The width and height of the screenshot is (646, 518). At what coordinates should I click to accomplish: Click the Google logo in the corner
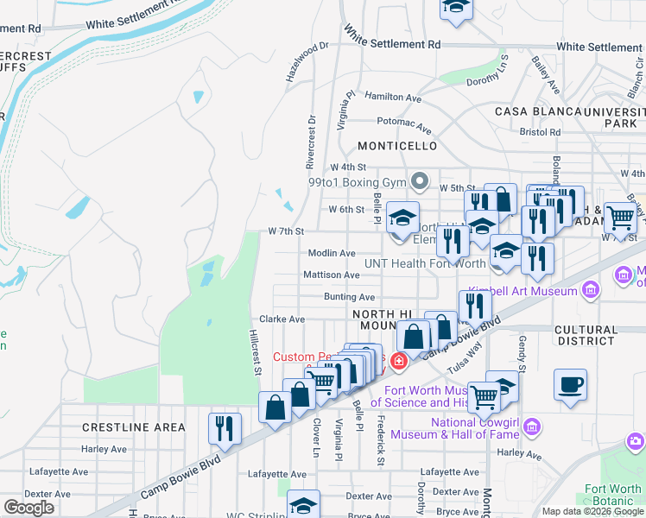pyautogui.click(x=28, y=508)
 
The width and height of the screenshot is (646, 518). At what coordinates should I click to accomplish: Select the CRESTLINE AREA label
pyautogui.click(x=134, y=427)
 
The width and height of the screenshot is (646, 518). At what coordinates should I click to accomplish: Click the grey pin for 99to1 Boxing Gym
pyautogui.click(x=420, y=181)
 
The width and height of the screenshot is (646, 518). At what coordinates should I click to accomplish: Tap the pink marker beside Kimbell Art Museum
pyautogui.click(x=592, y=290)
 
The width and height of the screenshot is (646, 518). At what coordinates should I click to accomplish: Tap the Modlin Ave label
pyautogui.click(x=332, y=253)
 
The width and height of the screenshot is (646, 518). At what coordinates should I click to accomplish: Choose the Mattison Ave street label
pyautogui.click(x=331, y=275)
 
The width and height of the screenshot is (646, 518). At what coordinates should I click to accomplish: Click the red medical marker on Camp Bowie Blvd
pyautogui.click(x=399, y=360)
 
